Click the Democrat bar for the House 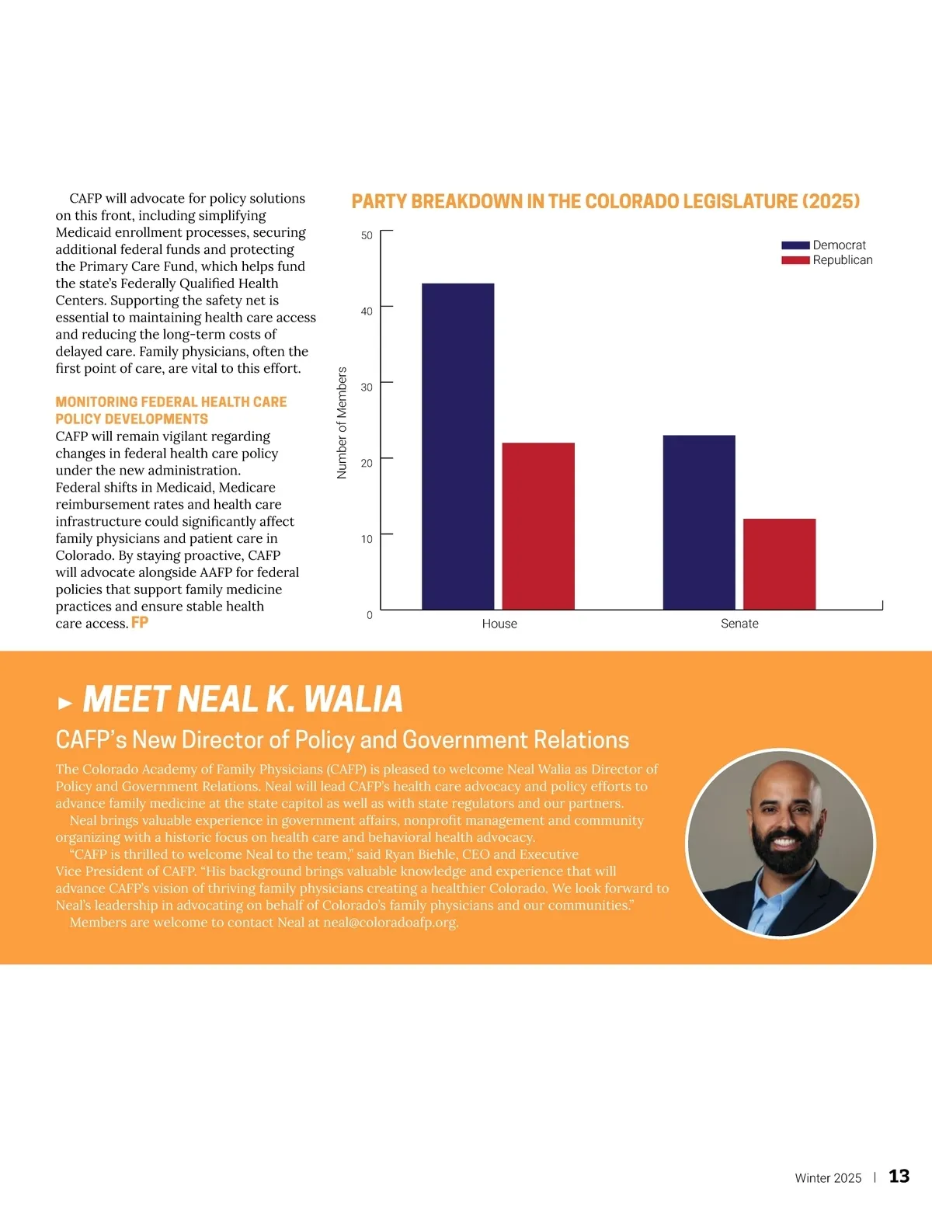tap(457, 447)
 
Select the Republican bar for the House tap(538, 526)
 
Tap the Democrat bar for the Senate tap(699, 522)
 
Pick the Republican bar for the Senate tap(779, 564)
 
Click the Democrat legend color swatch tap(795, 245)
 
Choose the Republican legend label tap(843, 260)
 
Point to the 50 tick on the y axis tap(367, 235)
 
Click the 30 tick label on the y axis tap(367, 387)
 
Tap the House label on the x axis tap(499, 624)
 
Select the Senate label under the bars tap(739, 624)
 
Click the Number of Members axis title tap(342, 423)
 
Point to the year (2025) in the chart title tap(830, 202)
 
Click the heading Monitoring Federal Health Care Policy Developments tap(171, 410)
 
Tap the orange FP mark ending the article tap(140, 623)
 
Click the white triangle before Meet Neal tap(65, 704)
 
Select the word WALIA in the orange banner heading tap(353, 699)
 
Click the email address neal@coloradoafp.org tap(391, 923)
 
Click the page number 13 tap(899, 1177)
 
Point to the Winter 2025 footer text tap(828, 1178)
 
